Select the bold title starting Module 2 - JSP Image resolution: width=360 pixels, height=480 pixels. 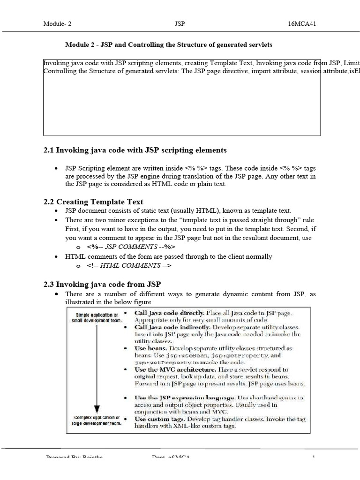168,45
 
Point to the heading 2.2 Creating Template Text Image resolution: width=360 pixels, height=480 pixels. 93,202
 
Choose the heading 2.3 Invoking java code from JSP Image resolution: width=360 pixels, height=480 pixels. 102,284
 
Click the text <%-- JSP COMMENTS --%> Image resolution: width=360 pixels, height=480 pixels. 131,247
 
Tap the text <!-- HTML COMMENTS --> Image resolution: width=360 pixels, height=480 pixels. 129,266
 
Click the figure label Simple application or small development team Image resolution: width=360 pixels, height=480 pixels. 96,317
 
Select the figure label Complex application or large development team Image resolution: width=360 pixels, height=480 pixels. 96,420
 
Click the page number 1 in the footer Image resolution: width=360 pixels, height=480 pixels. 313,457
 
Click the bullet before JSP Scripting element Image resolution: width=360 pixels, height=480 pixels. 56,168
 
